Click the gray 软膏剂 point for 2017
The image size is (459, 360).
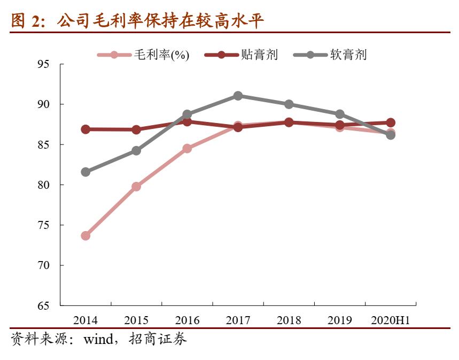point(238,96)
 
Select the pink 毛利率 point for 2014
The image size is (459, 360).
point(85,235)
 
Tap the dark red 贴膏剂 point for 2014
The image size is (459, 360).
point(85,129)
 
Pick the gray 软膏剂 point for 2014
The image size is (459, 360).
point(85,172)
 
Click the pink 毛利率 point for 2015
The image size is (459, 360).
point(136,187)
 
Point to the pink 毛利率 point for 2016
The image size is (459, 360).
point(187,148)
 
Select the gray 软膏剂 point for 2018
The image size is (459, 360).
point(289,104)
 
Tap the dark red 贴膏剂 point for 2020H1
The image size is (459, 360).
point(391,122)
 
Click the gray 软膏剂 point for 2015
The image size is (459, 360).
point(136,151)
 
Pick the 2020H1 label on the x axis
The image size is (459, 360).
point(391,320)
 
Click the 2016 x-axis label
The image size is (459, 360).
point(187,320)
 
